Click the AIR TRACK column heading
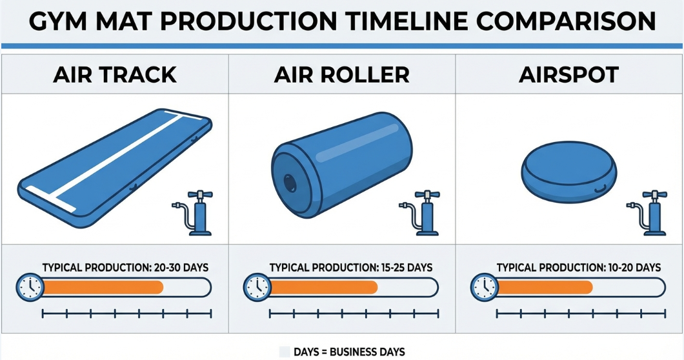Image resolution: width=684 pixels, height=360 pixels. pos(115,74)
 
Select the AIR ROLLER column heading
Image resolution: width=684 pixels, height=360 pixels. pos(342,74)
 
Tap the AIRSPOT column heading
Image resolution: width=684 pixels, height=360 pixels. pos(568,74)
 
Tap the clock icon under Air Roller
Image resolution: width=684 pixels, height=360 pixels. pos(257,286)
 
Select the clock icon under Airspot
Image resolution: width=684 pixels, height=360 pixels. pos(484,286)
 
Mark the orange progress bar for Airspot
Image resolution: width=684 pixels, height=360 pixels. pos(545,287)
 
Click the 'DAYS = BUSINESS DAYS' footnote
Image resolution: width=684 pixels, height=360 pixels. pos(349,352)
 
